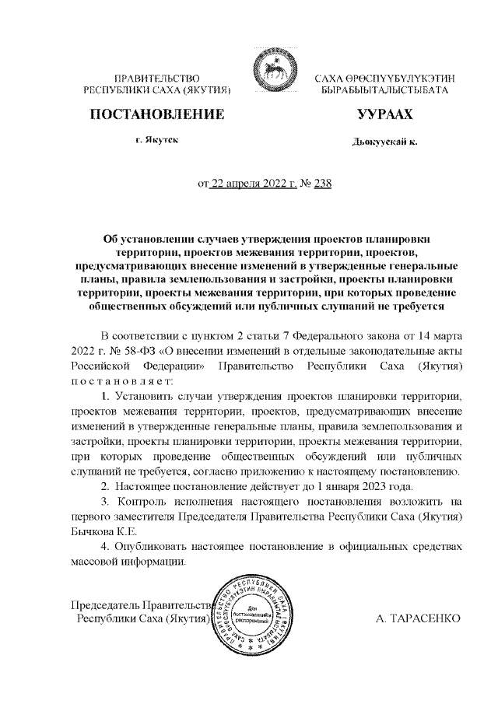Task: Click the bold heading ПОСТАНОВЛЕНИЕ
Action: point(158,115)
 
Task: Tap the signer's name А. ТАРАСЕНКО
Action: point(419,618)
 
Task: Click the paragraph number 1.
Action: point(106,398)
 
